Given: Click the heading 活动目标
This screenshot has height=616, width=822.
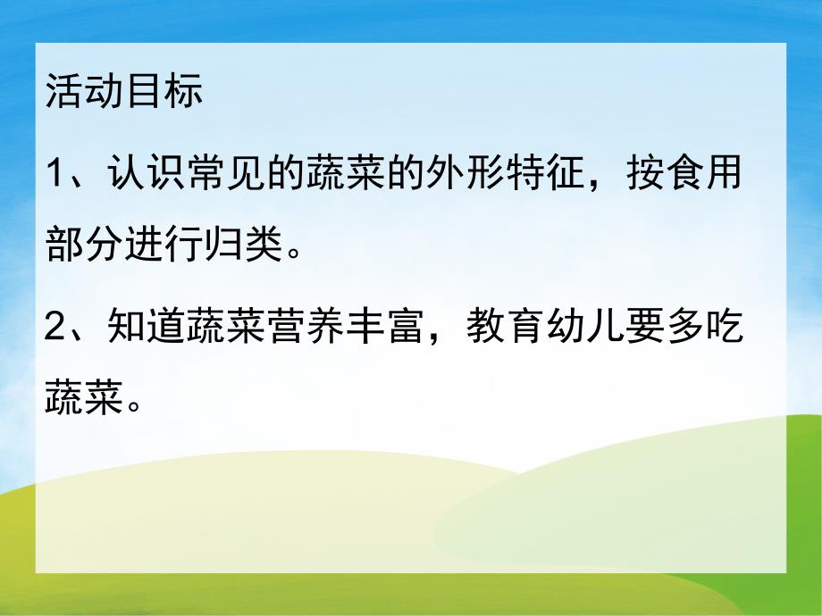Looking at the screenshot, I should (125, 93).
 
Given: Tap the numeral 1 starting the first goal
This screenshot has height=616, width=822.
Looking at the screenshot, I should (56, 173).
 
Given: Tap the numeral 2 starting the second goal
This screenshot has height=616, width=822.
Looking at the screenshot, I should (56, 329).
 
